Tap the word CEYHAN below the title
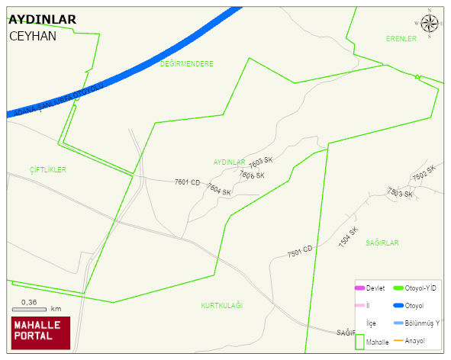pyautogui.click(x=33, y=36)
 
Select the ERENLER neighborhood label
pyautogui.click(x=401, y=39)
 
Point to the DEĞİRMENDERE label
pyautogui.click(x=187, y=64)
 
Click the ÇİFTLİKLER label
pyautogui.click(x=48, y=169)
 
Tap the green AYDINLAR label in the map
pyautogui.click(x=229, y=162)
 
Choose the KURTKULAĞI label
pyautogui.click(x=221, y=306)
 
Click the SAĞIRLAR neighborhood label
pyautogui.click(x=382, y=243)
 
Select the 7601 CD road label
pyautogui.click(x=187, y=182)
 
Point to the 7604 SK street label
pyautogui.click(x=217, y=191)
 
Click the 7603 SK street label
pyautogui.click(x=261, y=162)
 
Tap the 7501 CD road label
pyautogui.click(x=300, y=251)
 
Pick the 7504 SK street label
pyautogui.click(x=348, y=236)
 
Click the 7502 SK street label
pyautogui.click(x=424, y=174)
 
